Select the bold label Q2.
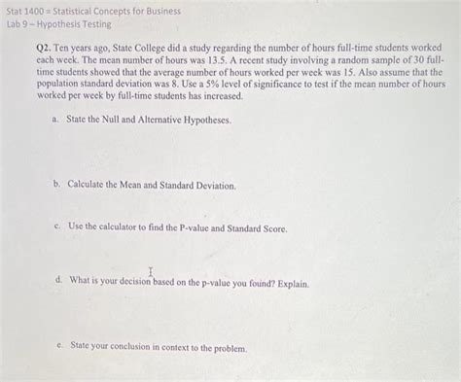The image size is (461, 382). pos(44,48)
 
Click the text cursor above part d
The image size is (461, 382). pos(151,271)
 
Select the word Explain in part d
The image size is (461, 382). pos(290,285)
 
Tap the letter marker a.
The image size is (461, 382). pos(55,120)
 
